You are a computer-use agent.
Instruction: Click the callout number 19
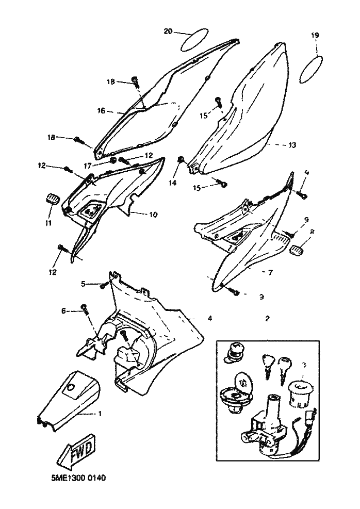click(315, 35)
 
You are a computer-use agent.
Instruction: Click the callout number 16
click(101, 110)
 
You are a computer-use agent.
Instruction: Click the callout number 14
click(172, 183)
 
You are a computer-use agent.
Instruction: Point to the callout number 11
click(48, 223)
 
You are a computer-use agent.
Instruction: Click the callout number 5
click(83, 283)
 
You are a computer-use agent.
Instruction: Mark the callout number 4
click(209, 319)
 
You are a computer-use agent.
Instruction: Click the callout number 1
click(100, 414)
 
